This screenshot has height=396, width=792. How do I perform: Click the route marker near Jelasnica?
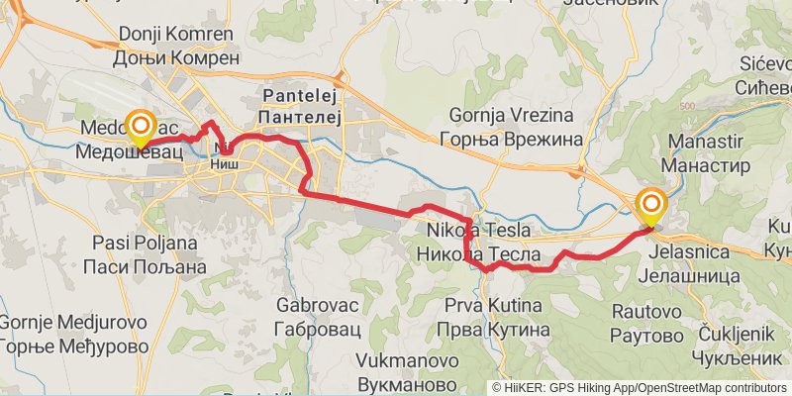pos(651,207)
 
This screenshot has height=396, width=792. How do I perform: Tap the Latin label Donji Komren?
pos(176,35)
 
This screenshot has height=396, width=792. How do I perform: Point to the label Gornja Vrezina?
pos(511,115)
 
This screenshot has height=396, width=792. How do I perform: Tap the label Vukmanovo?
pos(394,359)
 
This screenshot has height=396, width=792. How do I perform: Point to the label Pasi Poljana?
pos(144,243)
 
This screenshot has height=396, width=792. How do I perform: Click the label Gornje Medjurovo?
pos(72,323)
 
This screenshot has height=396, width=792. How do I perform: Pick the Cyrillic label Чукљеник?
pos(708,356)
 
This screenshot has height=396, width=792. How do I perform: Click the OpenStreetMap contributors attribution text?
pos(708,388)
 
